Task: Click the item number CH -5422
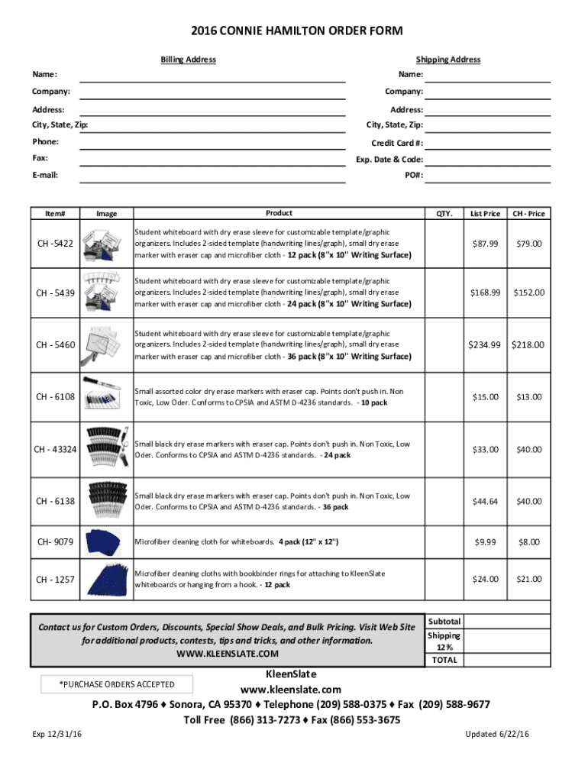(x=55, y=244)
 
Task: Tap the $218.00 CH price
(x=528, y=344)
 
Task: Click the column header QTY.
(x=444, y=214)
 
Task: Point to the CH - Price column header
(x=528, y=214)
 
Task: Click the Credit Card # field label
(x=397, y=143)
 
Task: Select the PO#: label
(x=414, y=175)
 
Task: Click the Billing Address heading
(x=188, y=60)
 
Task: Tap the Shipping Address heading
(x=448, y=60)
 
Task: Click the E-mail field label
(x=45, y=175)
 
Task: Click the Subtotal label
(x=444, y=622)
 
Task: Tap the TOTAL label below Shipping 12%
(x=444, y=660)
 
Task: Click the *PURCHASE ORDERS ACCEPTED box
(x=117, y=684)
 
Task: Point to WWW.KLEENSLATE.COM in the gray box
(x=228, y=654)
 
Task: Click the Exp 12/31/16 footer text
(x=57, y=734)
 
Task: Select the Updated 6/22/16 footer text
(x=497, y=734)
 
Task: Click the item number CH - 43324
(x=55, y=449)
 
